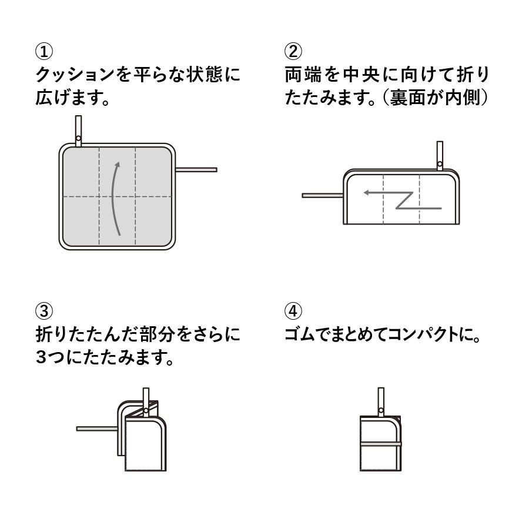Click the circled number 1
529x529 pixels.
pyautogui.click(x=44, y=52)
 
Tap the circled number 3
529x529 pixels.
pyautogui.click(x=44, y=310)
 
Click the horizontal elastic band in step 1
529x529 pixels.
pyautogui.click(x=196, y=170)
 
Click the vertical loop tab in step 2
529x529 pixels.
pyautogui.click(x=439, y=154)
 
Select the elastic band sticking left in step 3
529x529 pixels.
pyautogui.click(x=97, y=428)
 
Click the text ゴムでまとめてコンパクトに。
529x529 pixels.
pyautogui.click(x=383, y=336)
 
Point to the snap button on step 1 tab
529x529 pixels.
pyautogui.click(x=78, y=138)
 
